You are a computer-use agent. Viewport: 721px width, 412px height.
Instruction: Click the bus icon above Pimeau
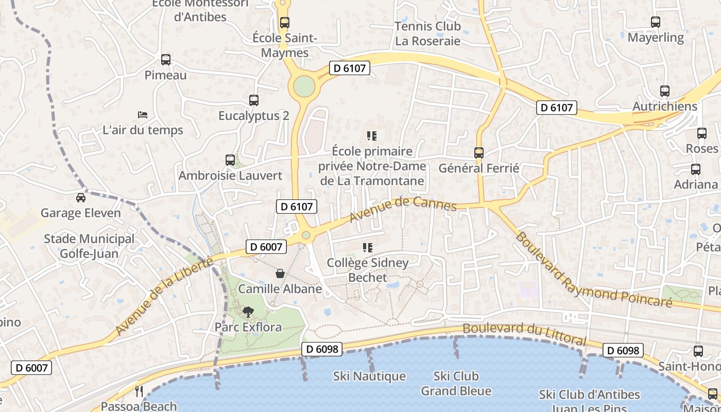pos(166,60)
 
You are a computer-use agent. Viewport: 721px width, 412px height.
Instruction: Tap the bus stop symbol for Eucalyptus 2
pos(253,100)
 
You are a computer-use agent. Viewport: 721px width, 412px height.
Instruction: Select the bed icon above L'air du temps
pos(143,114)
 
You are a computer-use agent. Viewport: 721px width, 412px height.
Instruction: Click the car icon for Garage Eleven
pos(81,198)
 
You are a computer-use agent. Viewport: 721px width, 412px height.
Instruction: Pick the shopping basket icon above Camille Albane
pos(280,273)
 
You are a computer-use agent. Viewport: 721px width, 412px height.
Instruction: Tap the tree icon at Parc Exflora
pos(248,312)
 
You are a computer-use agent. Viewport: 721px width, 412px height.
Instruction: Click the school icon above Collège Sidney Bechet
pos(368,248)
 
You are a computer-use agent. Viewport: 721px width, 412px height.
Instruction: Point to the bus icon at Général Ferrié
pos(479,153)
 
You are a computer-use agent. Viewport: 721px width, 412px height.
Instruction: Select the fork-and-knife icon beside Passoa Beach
pos(139,391)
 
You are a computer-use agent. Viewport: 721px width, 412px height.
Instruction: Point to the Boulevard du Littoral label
pos(524,334)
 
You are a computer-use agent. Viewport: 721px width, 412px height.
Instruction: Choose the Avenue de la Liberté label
pos(164,296)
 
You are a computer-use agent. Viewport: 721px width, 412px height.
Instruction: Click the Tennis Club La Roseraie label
pos(427,33)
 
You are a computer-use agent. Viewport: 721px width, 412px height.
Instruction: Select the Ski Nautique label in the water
pos(369,376)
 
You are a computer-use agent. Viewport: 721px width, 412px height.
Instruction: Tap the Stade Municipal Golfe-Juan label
pos(89,246)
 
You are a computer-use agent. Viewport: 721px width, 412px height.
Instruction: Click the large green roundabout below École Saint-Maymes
pos(304,86)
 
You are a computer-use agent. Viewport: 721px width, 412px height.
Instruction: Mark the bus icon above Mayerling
pos(656,23)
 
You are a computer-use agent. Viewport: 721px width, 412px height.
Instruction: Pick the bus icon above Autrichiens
pos(665,92)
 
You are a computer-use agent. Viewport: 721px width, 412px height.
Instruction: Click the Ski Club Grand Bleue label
pos(456,384)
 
